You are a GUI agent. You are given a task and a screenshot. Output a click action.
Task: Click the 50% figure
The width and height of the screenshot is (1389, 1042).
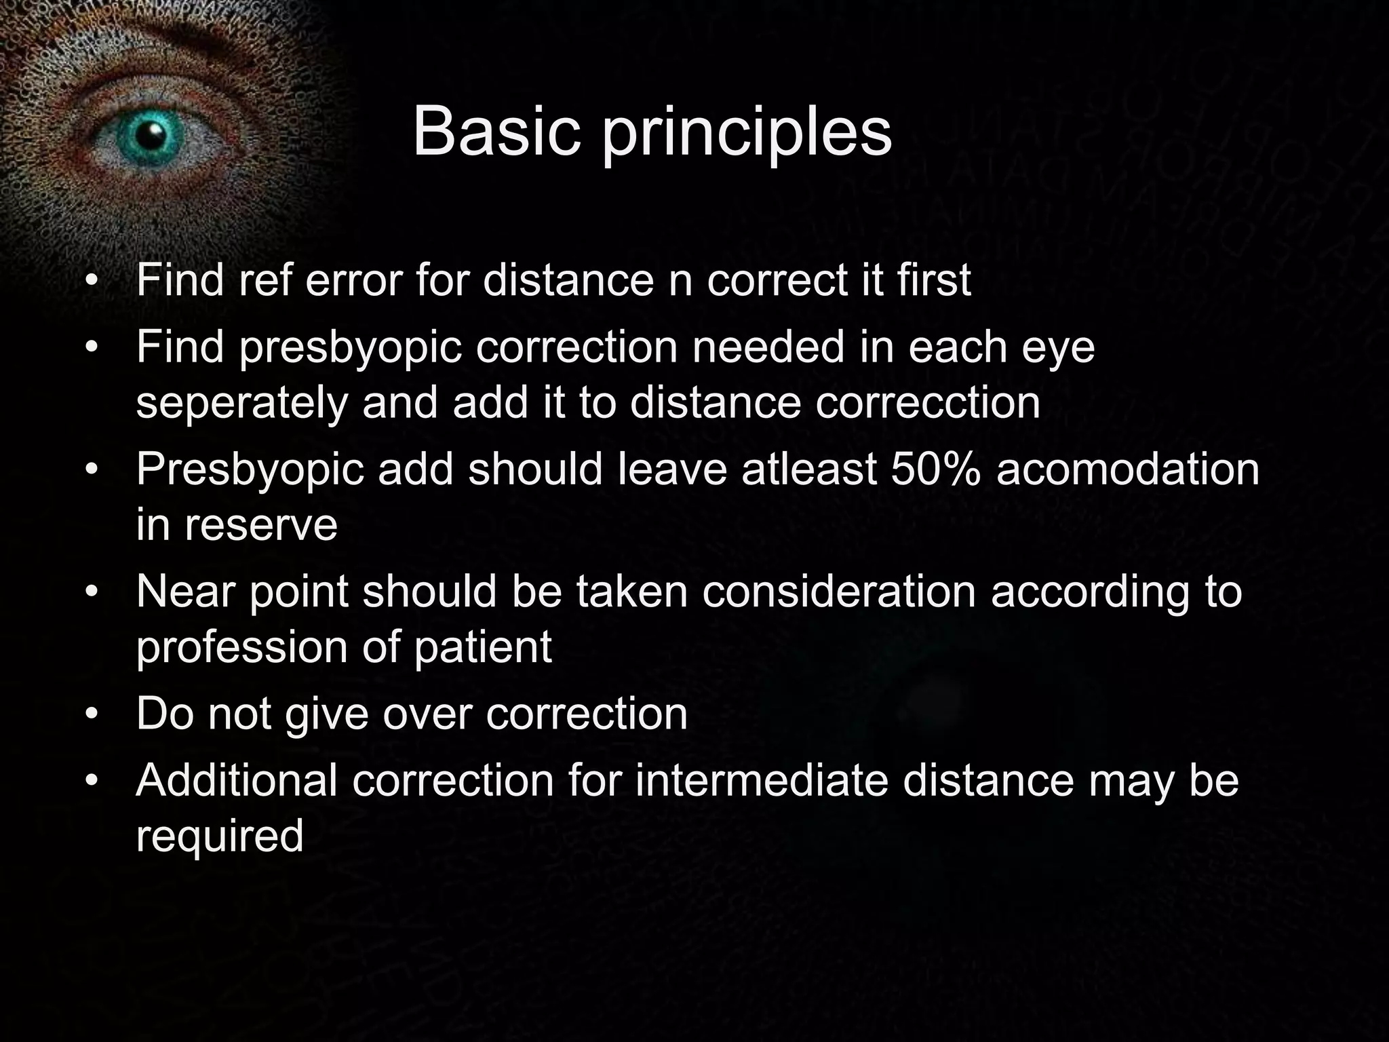(935, 469)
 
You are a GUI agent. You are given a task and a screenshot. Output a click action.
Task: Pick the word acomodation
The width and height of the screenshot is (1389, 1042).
(1128, 469)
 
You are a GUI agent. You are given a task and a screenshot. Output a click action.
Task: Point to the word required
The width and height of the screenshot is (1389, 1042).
(220, 836)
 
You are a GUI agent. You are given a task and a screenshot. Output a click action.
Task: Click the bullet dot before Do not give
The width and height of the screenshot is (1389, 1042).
(92, 715)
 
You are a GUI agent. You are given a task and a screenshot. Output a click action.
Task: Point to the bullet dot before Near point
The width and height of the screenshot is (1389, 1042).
(92, 593)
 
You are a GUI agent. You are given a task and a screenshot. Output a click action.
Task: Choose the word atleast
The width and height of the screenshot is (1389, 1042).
(809, 469)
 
